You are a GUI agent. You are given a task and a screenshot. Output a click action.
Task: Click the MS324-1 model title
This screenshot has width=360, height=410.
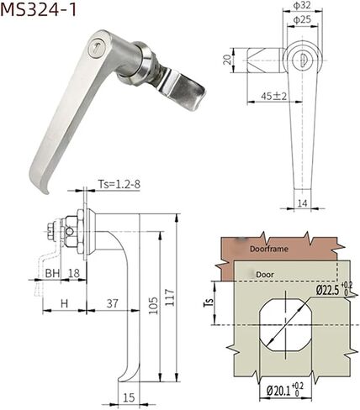click(x=38, y=9)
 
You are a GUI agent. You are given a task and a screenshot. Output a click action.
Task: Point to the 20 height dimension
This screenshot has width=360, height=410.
click(x=227, y=60)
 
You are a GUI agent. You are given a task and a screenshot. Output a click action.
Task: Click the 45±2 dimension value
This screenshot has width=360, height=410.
click(x=273, y=97)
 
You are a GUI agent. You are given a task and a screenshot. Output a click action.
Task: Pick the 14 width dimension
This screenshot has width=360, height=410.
click(x=302, y=203)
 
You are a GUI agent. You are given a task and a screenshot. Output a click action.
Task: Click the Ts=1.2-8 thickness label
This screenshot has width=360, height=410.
click(x=119, y=184)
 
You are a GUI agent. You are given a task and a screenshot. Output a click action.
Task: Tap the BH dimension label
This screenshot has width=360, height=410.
click(x=52, y=273)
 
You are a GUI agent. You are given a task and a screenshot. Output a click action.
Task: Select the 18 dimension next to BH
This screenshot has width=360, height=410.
click(x=74, y=273)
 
